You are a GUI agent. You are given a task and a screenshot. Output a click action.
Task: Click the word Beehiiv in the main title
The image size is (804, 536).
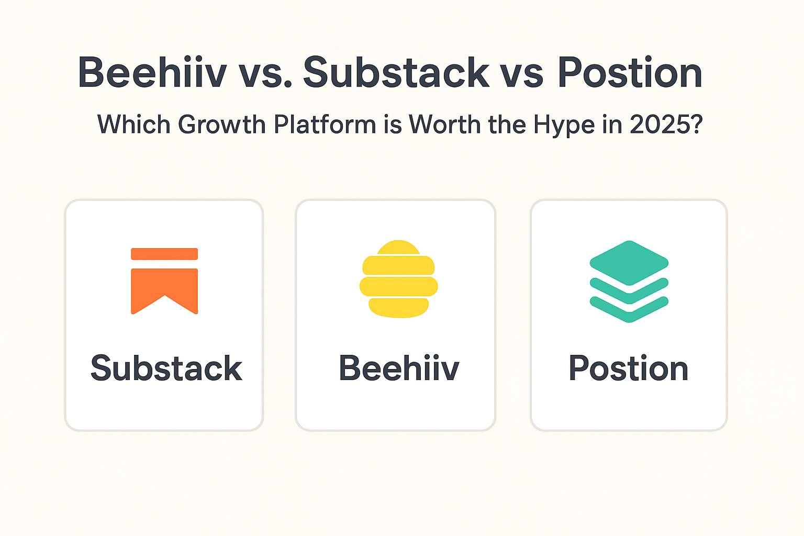(x=152, y=72)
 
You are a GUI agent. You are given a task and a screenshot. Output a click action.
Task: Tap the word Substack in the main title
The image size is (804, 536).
(x=396, y=72)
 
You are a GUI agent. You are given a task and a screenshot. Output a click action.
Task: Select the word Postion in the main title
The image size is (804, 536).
(x=630, y=72)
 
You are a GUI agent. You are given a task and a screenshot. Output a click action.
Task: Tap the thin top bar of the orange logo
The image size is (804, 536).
(x=164, y=254)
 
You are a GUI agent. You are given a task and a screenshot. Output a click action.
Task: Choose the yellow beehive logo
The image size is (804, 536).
(x=398, y=279)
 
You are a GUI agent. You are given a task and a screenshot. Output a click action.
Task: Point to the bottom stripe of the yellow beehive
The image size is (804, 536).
(x=398, y=307)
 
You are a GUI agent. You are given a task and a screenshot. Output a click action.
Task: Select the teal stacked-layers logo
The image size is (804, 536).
(x=629, y=281)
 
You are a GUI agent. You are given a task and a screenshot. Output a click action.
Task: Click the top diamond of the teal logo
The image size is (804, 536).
(x=629, y=262)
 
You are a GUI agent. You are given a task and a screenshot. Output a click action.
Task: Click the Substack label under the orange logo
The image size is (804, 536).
(x=166, y=368)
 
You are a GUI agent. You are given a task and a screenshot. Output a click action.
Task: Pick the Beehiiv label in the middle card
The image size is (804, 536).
(x=399, y=368)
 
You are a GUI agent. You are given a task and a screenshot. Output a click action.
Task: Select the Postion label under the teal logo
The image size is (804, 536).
(x=628, y=368)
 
